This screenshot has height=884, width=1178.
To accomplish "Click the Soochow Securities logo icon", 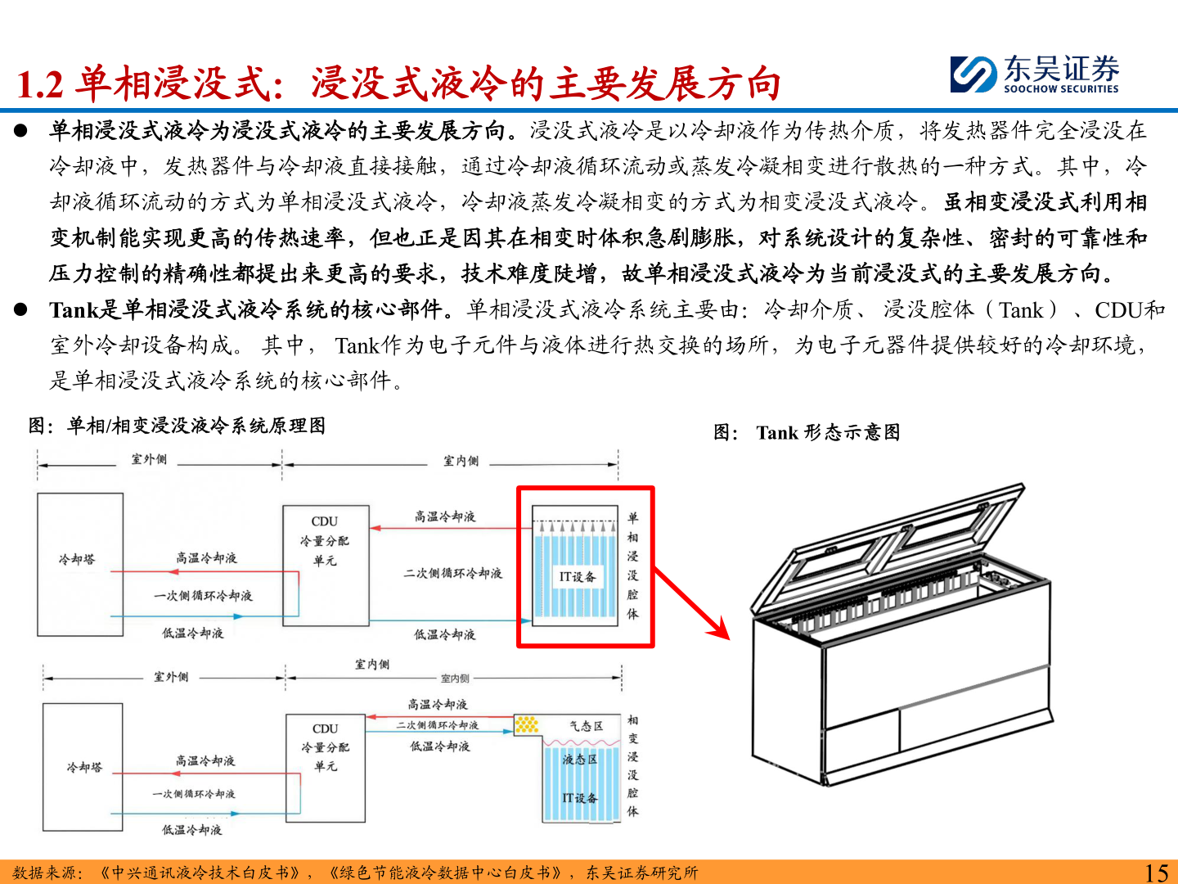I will (x=973, y=74).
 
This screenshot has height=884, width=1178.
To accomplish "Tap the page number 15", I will (x=1156, y=873).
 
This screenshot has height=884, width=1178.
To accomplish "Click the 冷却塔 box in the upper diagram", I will (x=79, y=563).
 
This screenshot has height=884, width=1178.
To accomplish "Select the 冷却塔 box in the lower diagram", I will (x=83, y=766).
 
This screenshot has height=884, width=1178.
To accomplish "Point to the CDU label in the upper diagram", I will (x=325, y=521).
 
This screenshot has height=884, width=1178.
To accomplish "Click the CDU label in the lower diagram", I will (x=326, y=728).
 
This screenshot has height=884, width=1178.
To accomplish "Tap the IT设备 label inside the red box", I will (x=578, y=576).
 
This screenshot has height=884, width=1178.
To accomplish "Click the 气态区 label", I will (x=586, y=726).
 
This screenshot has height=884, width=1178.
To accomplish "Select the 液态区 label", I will (x=579, y=760).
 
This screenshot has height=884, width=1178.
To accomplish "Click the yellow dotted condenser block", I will (x=527, y=724).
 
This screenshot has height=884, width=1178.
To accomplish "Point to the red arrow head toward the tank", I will (x=720, y=629).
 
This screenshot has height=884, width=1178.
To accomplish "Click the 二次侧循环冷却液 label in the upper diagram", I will (x=452, y=573).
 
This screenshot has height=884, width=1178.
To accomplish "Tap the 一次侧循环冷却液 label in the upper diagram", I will (x=203, y=596).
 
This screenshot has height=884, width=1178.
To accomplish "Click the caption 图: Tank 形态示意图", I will (x=807, y=432).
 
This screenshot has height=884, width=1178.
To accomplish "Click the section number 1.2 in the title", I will (x=39, y=85).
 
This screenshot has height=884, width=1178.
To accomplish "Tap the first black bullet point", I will (x=20, y=131).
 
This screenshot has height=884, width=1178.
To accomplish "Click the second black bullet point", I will (x=20, y=310).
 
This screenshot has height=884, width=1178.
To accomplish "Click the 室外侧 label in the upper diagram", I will (x=149, y=459).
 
